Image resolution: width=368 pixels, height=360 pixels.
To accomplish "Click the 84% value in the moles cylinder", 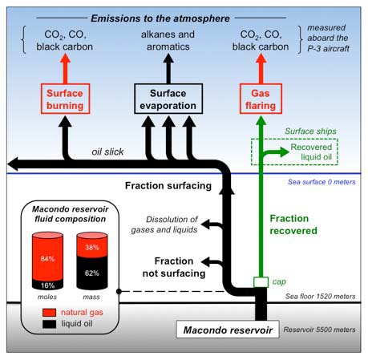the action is [47, 259].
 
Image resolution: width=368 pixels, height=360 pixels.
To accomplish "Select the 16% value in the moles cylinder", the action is [47, 285].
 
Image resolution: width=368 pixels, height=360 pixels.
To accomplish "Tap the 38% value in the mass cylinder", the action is [92, 248].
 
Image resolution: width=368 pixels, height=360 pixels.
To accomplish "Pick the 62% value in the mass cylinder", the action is [92, 273].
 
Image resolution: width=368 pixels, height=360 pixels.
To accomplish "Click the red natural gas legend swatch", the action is [50, 313].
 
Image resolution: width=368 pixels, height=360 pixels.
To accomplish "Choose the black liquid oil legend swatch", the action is [50, 324].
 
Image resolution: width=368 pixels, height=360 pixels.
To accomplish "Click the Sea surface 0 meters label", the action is [321, 182].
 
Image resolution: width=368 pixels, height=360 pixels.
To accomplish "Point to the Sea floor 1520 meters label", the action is [321, 297].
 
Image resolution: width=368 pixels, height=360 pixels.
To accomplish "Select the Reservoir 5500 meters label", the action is [320, 330].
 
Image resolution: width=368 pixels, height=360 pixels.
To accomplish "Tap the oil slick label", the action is [107, 152].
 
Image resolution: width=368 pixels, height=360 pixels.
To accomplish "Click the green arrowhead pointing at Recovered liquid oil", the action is [284, 152].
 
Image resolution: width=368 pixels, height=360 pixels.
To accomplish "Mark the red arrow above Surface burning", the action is [65, 69].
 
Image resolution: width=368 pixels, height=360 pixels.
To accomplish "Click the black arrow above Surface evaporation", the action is [168, 69].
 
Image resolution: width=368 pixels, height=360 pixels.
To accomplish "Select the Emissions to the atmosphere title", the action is [160, 18].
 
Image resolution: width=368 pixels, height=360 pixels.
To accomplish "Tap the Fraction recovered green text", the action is [293, 224].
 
